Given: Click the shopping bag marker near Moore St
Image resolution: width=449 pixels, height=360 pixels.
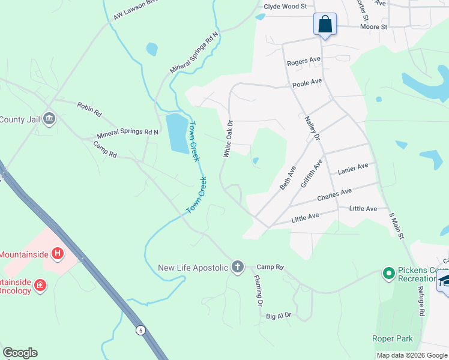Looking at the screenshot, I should tap(325, 25).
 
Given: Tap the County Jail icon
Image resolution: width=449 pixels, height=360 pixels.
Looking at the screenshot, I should tap(49, 119).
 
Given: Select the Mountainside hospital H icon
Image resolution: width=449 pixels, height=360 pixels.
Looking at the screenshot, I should tap(58, 254).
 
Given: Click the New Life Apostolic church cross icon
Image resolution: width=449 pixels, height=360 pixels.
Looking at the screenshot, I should tap(238, 267).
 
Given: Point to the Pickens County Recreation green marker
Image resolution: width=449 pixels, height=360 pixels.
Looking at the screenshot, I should tap(388, 274).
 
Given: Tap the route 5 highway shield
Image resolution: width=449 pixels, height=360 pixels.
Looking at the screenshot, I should tap(140, 330).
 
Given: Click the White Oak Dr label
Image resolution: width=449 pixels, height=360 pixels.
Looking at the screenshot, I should tap(228, 139).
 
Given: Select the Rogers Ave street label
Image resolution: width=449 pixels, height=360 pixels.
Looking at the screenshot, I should tap(304, 61).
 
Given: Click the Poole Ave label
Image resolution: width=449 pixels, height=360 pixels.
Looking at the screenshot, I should tap(307, 82).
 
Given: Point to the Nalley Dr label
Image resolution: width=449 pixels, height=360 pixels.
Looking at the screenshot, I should tap(313, 129).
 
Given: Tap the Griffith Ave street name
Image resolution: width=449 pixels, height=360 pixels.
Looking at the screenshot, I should tap(312, 173).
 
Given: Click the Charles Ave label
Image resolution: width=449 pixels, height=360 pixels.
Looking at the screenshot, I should tap(334, 195).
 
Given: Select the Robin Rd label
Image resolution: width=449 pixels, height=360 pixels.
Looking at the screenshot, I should tap(89, 109).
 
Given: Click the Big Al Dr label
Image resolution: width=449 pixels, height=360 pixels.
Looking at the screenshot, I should tap(279, 315).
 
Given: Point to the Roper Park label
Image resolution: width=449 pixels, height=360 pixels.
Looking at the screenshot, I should tap(393, 339).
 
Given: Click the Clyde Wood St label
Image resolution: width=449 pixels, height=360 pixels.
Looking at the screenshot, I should tap(285, 7).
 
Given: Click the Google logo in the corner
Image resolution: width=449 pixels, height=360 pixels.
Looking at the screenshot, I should tap(20, 353).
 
